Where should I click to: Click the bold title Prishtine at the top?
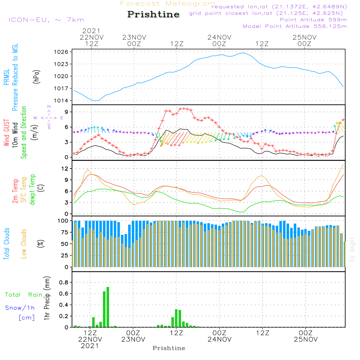(153, 15)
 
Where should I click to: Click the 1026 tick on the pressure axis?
(62, 52)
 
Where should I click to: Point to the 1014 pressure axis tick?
(62, 100)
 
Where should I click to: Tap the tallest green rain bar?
(108, 307)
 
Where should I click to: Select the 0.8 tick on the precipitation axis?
(64, 283)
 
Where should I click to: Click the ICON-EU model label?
(46, 20)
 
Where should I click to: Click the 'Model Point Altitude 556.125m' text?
(295, 26)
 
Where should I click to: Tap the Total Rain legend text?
(23, 295)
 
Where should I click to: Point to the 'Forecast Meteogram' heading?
(168, 4)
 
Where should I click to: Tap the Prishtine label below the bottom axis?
(169, 348)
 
